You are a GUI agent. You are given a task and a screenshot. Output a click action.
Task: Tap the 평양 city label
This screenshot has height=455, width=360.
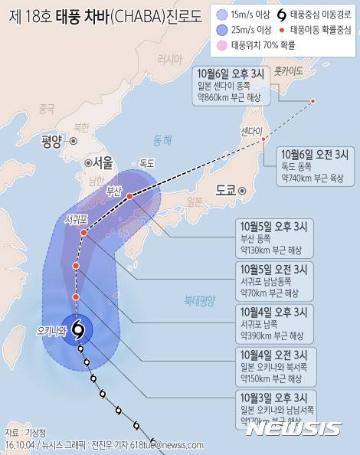[51, 141]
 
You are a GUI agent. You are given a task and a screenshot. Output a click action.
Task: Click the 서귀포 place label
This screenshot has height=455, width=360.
[76, 219]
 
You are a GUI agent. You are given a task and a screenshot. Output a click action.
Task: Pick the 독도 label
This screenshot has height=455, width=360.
[147, 163]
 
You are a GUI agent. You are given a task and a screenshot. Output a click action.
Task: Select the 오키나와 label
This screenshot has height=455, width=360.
[52, 331]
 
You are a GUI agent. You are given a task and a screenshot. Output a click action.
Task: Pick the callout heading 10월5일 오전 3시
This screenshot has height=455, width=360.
[273, 269]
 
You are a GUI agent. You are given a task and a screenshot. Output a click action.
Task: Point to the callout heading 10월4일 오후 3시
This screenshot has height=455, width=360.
[273, 312]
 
